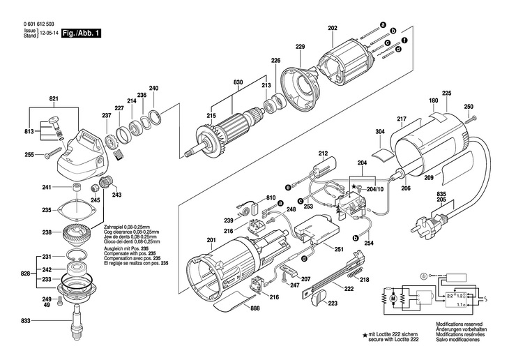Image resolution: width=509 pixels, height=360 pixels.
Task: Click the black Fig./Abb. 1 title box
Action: [x=81, y=33]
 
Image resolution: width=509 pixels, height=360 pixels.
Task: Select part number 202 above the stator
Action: [x=333, y=29]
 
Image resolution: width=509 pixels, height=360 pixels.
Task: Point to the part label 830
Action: [x=238, y=82]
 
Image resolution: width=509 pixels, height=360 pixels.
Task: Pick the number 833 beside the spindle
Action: [x=25, y=321]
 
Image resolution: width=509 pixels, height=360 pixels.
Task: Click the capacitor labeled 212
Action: [x=325, y=167]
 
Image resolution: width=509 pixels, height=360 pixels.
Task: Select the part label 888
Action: [x=255, y=308]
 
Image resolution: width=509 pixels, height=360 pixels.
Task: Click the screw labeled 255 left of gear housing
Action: [x=52, y=153]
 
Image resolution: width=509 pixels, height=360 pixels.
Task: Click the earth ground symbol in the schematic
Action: [x=423, y=276]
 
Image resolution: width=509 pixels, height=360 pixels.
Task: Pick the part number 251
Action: [x=339, y=249]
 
